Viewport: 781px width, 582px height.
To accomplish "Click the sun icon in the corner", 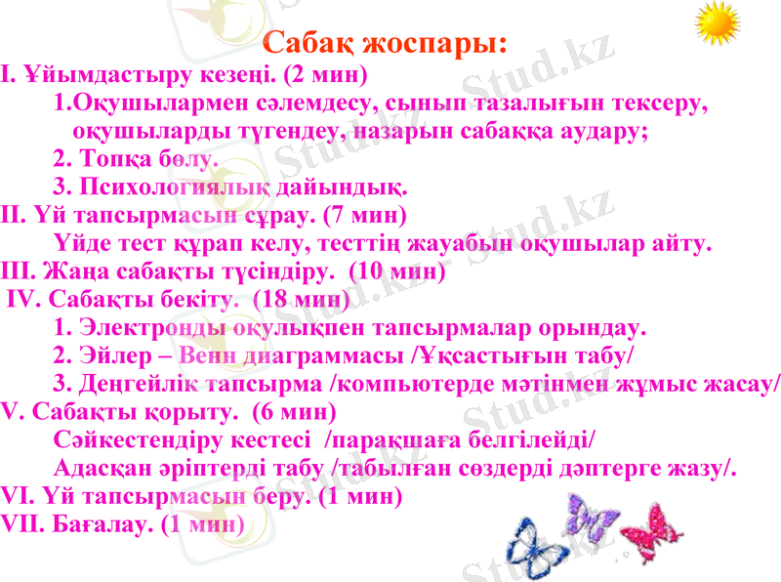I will click(x=719, y=23).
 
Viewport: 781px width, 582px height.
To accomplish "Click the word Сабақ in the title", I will click(x=309, y=44).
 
